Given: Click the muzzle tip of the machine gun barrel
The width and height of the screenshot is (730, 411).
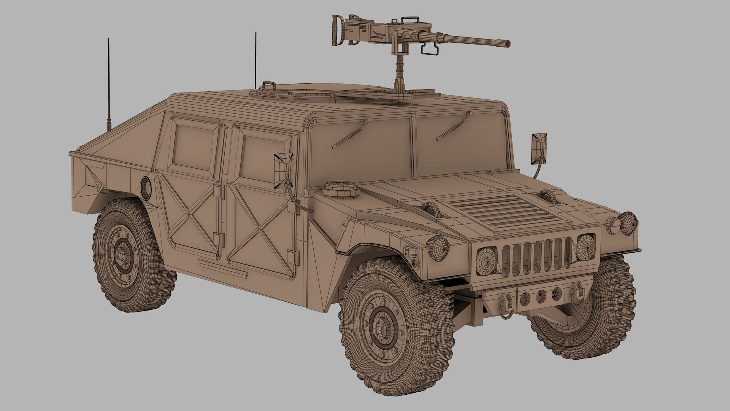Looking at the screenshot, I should [x=507, y=43].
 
